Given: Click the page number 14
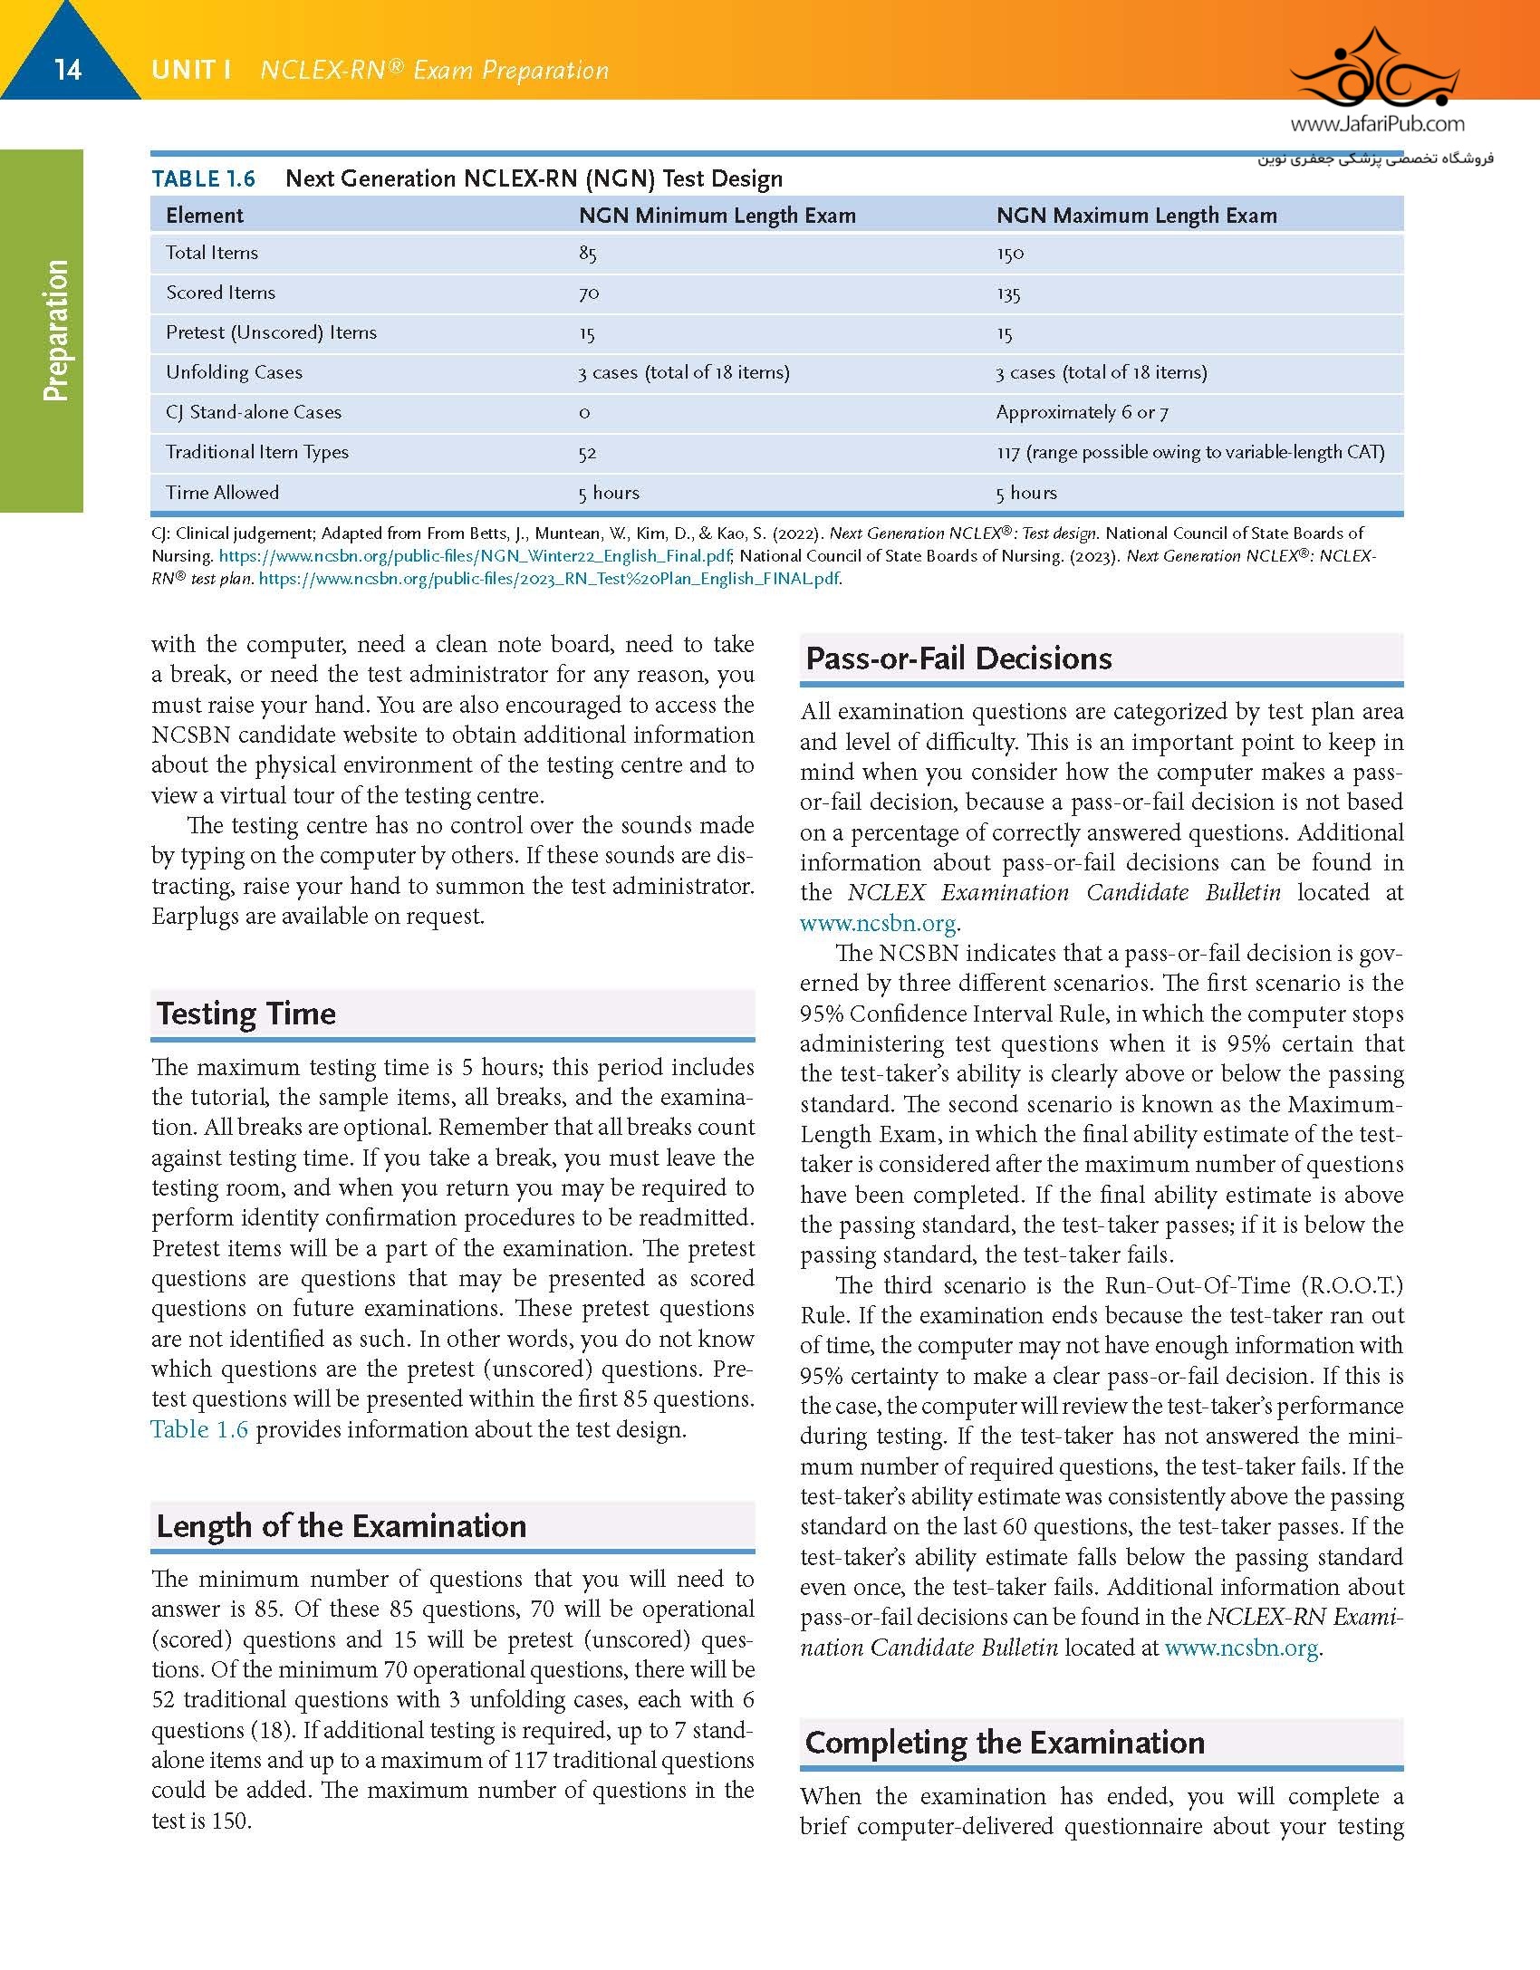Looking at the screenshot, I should point(68,70).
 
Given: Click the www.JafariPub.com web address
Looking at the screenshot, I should point(1377,124).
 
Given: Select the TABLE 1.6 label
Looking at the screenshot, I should point(203,178).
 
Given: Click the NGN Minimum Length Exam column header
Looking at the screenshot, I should point(717,216).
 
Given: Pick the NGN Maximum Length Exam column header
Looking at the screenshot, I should point(1136,216).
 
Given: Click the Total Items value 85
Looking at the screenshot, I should point(588,254).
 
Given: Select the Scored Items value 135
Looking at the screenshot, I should point(1008,293).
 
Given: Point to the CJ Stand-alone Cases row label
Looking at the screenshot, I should point(254,412).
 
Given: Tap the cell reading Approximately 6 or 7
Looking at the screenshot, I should point(1082,413).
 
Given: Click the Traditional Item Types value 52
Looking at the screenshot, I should point(588,453).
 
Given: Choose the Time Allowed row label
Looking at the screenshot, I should point(222,493).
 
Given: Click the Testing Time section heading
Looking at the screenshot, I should point(246,1013).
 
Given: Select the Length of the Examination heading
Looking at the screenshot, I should point(342,1525).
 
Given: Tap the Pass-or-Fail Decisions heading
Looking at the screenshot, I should point(958,658).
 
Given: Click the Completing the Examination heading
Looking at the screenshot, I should point(1005,1742).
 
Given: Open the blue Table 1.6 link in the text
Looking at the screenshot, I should point(199,1429).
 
